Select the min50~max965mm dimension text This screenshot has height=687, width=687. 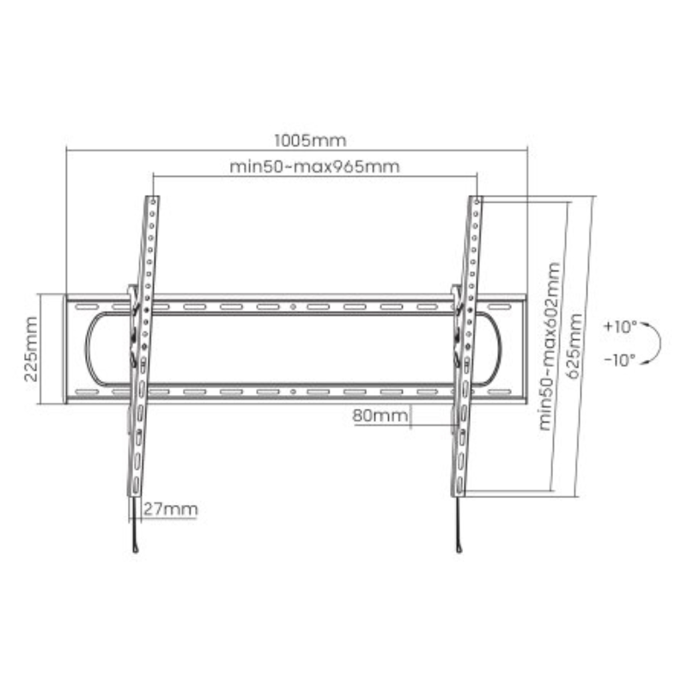click(314, 166)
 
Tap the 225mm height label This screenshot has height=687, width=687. click(32, 349)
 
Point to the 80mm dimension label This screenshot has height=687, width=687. click(380, 416)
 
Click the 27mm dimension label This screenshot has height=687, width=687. click(170, 509)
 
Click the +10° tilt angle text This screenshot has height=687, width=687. click(620, 327)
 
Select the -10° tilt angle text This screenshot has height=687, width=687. click(620, 360)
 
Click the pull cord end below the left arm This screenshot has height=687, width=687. click(135, 550)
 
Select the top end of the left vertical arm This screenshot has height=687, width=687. click(152, 201)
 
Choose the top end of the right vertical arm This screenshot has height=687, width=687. click(477, 201)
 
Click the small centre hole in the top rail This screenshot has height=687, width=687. click(294, 307)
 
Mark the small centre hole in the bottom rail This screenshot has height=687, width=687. click(294, 391)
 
